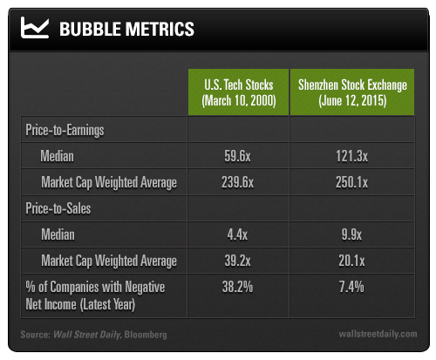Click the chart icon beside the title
pyautogui.click(x=34, y=28)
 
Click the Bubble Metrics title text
pyautogui.click(x=126, y=29)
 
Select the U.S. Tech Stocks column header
pyautogui.click(x=239, y=92)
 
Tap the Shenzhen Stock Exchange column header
pyautogui.click(x=352, y=92)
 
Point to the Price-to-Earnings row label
pyautogui.click(x=65, y=130)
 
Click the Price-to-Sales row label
pyautogui.click(x=58, y=208)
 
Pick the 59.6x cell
pyautogui.click(x=237, y=156)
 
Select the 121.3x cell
pyautogui.click(x=352, y=156)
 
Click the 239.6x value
pyautogui.click(x=237, y=182)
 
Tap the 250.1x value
pyautogui.click(x=352, y=182)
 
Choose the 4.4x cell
pyautogui.click(x=237, y=234)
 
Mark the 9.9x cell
pyautogui.click(x=351, y=234)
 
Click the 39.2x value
pyautogui.click(x=237, y=261)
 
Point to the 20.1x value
pyautogui.click(x=351, y=261)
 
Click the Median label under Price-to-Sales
pyautogui.click(x=58, y=234)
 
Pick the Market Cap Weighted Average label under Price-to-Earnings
pyautogui.click(x=109, y=183)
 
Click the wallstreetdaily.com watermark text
pyautogui.click(x=378, y=334)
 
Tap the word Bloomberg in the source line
pyautogui.click(x=146, y=335)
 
